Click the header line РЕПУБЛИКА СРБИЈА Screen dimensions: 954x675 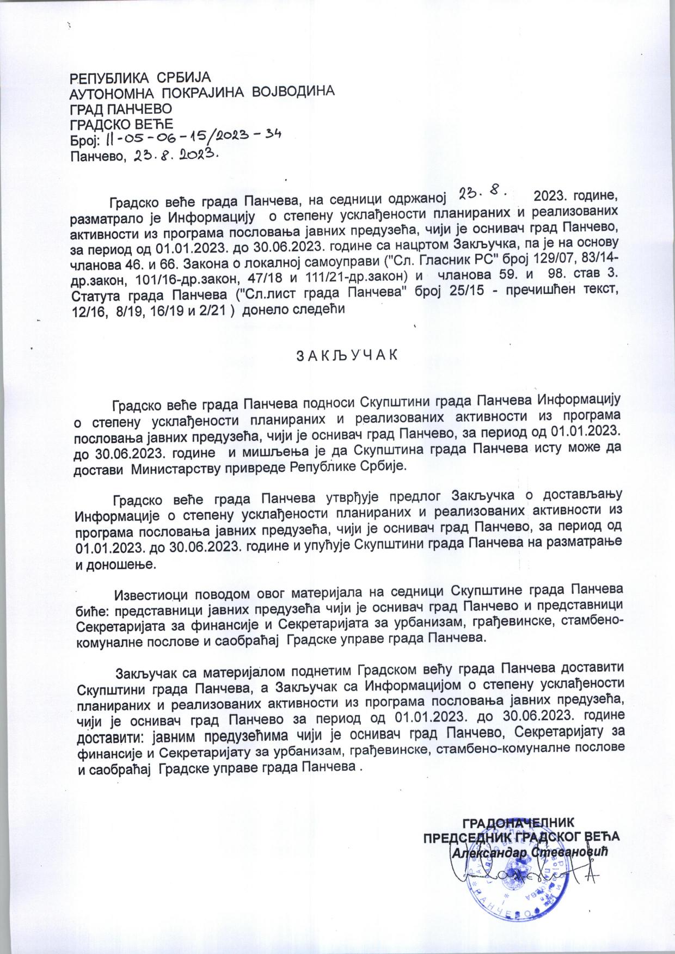pos(140,77)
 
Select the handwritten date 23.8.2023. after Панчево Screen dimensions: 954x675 pos(173,156)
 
